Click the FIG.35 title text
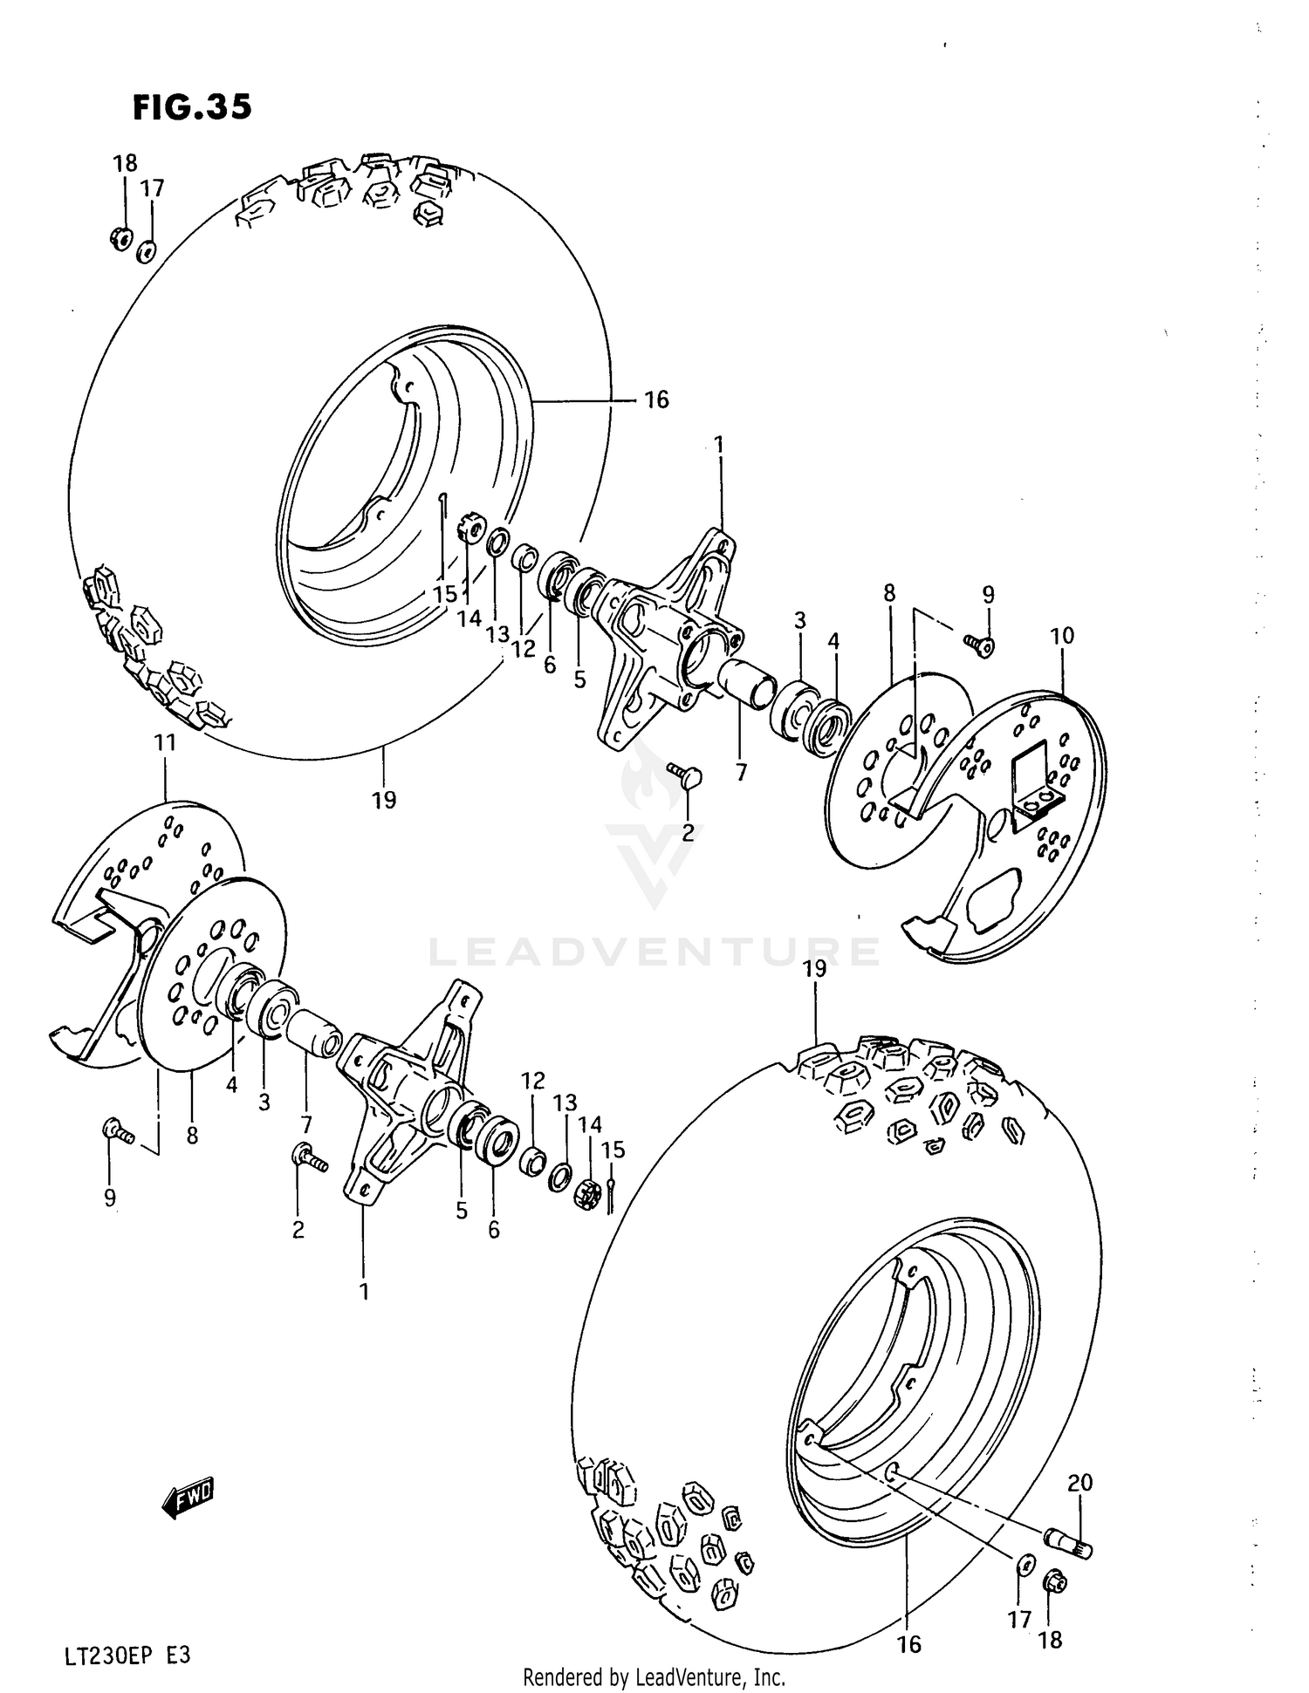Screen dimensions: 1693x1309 192,107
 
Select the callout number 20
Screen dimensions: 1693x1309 1079,1482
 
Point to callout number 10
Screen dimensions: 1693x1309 1061,636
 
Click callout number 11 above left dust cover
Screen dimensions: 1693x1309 165,742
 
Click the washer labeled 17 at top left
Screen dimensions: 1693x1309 147,252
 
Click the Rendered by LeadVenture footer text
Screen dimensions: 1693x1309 654,1676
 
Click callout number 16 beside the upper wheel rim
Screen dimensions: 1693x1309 655,399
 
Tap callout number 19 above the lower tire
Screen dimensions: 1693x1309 814,969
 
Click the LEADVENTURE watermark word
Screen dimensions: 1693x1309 654,951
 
